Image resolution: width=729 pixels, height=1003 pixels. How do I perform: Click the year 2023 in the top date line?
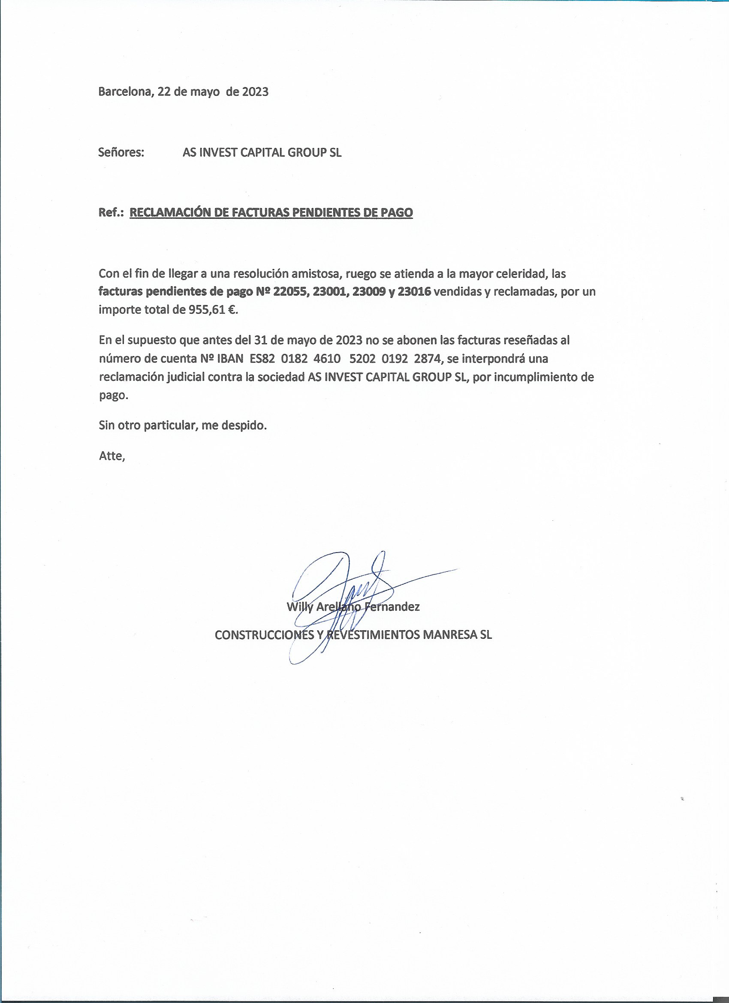[255, 91]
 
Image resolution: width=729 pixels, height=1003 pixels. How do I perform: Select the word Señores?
[121, 153]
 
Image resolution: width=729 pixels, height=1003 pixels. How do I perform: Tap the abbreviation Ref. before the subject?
[111, 213]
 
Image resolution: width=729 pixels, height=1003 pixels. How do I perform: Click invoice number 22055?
[291, 291]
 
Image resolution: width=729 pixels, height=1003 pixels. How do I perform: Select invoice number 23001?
[331, 291]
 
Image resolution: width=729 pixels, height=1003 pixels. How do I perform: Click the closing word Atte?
[111, 456]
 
